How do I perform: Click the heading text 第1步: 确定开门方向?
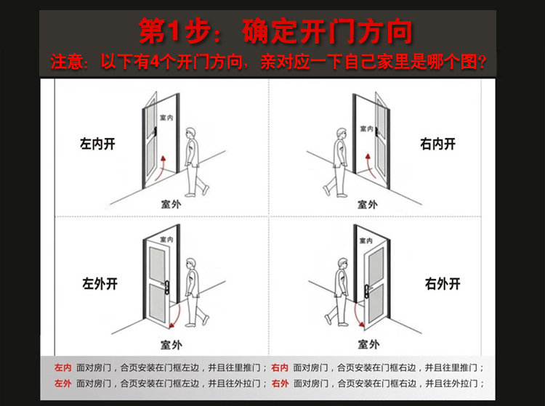[x=275, y=31]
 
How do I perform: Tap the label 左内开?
[x=97, y=144]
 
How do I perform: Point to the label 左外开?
[x=100, y=283]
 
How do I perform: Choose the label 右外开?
[x=443, y=283]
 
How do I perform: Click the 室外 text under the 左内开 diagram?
[x=171, y=204]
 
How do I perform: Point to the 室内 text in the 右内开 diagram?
[x=368, y=128]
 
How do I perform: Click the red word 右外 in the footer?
[x=280, y=383]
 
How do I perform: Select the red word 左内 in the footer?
[x=63, y=368]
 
